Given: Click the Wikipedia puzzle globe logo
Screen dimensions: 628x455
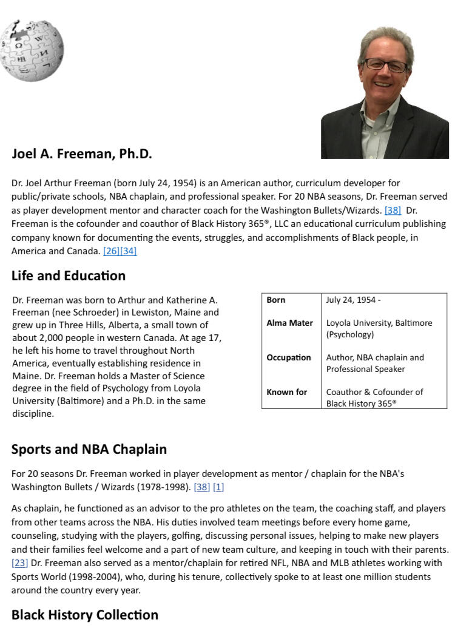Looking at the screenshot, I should click(32, 50).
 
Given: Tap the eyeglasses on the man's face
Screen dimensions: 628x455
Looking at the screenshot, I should click(386, 65).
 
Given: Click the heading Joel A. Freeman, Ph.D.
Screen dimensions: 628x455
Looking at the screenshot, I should click(81, 154).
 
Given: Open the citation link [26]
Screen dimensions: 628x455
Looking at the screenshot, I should click(112, 251).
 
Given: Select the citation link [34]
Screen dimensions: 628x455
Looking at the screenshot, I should click(129, 251).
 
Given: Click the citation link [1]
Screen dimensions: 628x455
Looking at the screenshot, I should click(218, 487).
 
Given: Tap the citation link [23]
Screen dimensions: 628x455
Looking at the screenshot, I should click(20, 563).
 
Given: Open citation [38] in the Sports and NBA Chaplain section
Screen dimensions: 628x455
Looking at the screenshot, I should click(201, 487).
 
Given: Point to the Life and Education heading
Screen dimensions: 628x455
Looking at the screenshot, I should click(69, 276).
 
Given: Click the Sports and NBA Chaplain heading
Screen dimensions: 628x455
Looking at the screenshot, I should click(89, 450).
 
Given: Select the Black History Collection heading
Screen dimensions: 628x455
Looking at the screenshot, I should click(84, 615).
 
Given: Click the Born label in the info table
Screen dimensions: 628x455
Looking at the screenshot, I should click(276, 300).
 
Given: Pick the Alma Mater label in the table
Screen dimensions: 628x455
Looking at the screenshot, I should click(289, 323).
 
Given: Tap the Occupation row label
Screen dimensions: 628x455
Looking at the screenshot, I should click(289, 357).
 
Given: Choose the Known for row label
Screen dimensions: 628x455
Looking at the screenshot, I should click(287, 392).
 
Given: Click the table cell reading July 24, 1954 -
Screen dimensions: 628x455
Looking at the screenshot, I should click(353, 300).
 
